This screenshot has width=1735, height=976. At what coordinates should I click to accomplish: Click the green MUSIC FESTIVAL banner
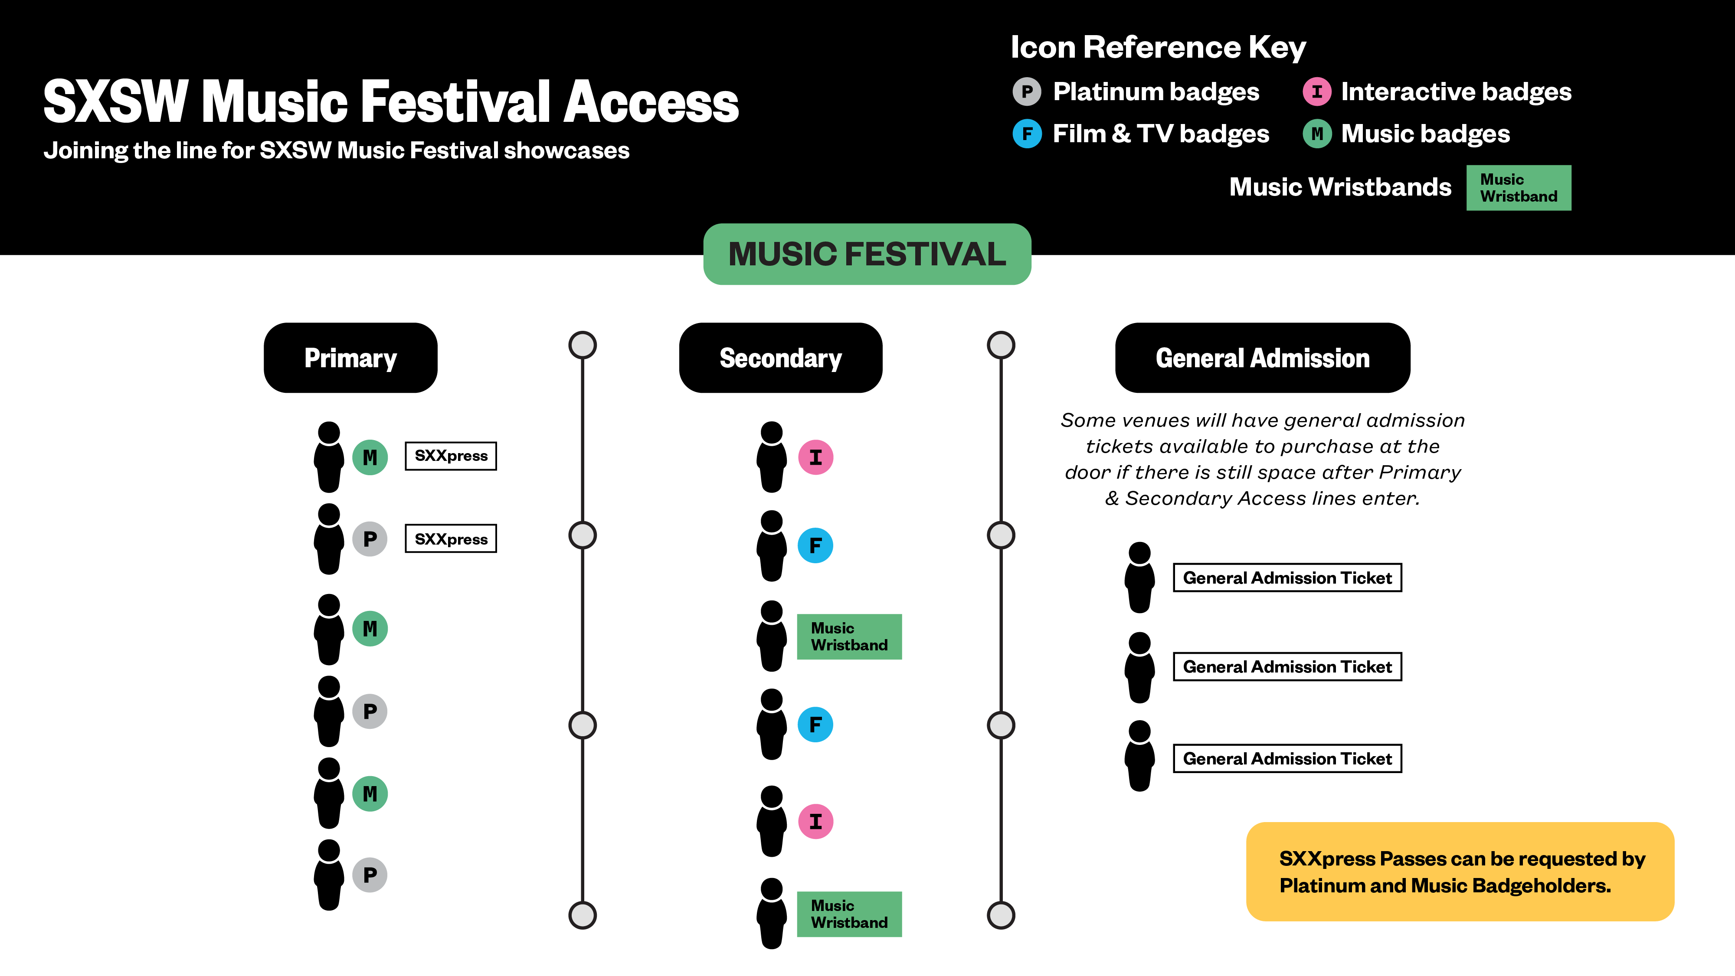coord(867,254)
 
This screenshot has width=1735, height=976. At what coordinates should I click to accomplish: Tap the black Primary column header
coord(350,357)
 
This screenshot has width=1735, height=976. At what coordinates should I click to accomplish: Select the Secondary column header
coord(781,357)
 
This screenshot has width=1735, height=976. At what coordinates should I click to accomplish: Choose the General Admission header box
coord(1262,357)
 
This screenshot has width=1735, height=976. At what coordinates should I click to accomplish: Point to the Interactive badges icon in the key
coord(1317,91)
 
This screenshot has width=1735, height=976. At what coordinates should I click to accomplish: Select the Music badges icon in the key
coord(1317,133)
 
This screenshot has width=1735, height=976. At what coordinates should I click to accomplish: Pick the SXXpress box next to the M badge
coord(451,456)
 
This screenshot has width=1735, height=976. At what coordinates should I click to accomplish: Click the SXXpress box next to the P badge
coord(451,539)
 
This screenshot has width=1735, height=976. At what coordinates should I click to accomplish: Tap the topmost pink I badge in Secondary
coord(815,457)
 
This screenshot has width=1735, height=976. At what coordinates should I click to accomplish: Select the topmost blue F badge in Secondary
coord(815,545)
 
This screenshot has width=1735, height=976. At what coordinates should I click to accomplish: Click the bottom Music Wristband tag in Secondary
coord(849,914)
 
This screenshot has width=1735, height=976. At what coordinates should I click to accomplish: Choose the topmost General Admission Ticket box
coord(1287,578)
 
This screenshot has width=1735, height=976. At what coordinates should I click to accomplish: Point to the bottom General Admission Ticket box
coord(1287,759)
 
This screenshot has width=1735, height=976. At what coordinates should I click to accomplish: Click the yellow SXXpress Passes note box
coord(1460,872)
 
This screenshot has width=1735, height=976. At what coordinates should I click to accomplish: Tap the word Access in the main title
coord(651,102)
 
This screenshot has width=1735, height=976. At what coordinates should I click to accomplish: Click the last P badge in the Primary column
coord(370,875)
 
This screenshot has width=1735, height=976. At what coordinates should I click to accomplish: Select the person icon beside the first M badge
coord(329,457)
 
